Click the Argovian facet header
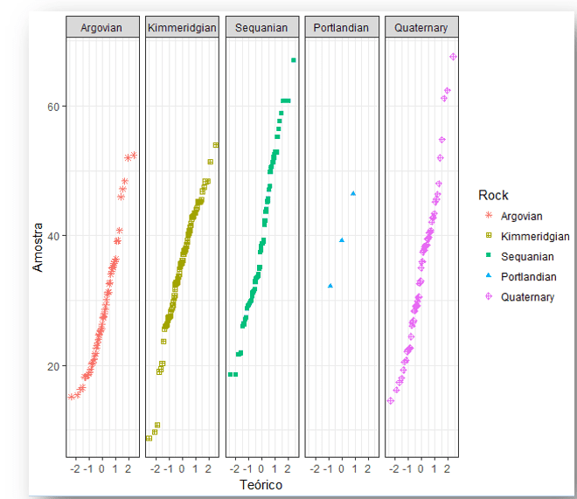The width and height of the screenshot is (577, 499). point(101,28)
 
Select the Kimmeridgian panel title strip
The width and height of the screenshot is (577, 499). point(182,28)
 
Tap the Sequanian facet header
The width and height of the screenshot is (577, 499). point(261,28)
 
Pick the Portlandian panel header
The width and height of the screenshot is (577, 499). point(341,28)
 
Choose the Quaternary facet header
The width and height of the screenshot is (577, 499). point(421,28)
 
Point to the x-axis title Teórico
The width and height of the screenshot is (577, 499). point(261,483)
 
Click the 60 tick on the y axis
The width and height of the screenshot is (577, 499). point(53,107)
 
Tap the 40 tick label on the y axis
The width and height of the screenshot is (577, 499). point(53,236)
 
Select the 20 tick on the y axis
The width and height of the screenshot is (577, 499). point(53,365)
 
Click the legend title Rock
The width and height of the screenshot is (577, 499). point(493,195)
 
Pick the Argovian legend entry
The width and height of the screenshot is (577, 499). point(522,216)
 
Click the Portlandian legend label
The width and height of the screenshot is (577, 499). point(529,277)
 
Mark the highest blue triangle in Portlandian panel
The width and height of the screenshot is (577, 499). point(353,193)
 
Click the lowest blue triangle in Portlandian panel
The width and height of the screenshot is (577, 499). point(330,286)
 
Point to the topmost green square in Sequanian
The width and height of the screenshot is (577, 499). point(294,59)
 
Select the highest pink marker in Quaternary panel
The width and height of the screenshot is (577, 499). point(453,57)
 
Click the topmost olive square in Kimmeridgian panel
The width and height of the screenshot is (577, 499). point(215,145)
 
